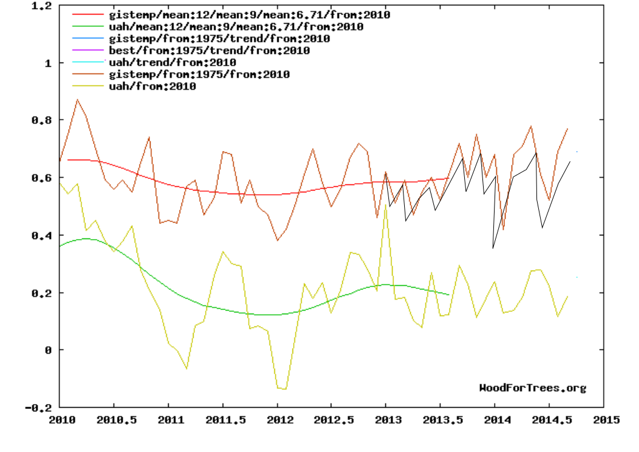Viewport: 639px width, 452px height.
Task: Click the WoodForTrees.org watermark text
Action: tap(533, 388)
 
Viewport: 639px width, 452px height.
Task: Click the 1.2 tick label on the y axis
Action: tap(40, 5)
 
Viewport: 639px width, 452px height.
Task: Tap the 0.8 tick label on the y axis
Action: tap(40, 120)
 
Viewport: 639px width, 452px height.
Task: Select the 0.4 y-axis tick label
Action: tap(40, 235)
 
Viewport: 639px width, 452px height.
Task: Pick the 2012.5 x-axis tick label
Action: tap(331, 420)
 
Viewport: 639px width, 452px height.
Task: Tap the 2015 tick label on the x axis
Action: tap(603, 420)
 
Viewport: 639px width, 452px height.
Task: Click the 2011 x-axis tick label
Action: tap(168, 420)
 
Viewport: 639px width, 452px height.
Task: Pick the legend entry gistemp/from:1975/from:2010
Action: tap(198, 75)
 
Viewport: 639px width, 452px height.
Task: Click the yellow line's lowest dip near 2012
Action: tap(284, 389)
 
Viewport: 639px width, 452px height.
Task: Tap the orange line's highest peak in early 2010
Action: tap(77, 100)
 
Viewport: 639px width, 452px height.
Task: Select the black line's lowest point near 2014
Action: tap(493, 248)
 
